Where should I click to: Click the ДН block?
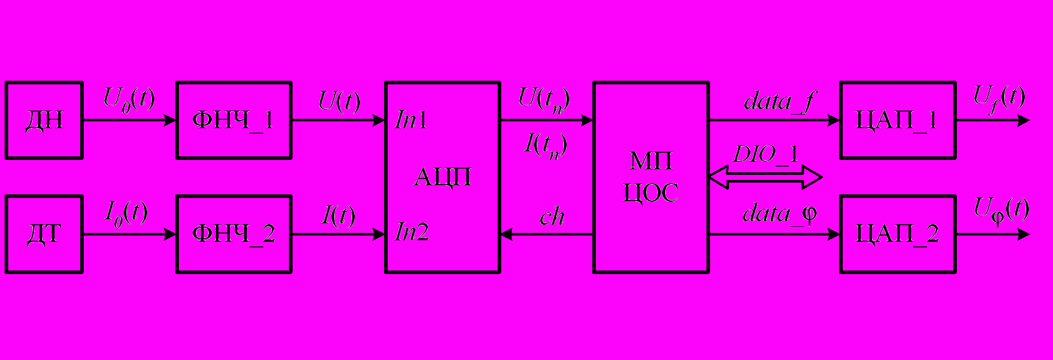click(x=44, y=120)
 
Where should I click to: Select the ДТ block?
click(x=44, y=234)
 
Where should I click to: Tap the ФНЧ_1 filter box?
click(x=234, y=120)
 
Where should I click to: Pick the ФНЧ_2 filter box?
click(x=234, y=234)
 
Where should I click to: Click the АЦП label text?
click(x=442, y=177)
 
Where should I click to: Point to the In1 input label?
click(x=411, y=120)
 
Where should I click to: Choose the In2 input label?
click(x=411, y=232)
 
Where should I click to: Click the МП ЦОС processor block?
click(x=651, y=177)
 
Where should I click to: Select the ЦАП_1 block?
click(x=897, y=120)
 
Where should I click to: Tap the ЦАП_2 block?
click(x=897, y=234)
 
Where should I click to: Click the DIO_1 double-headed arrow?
click(x=766, y=177)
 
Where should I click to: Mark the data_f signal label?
click(x=779, y=101)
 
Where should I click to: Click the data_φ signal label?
click(x=779, y=213)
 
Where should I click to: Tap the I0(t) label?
click(x=126, y=212)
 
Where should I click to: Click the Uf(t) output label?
click(x=998, y=98)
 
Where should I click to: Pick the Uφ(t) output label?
click(x=1001, y=210)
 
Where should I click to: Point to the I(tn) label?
click(x=545, y=145)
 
